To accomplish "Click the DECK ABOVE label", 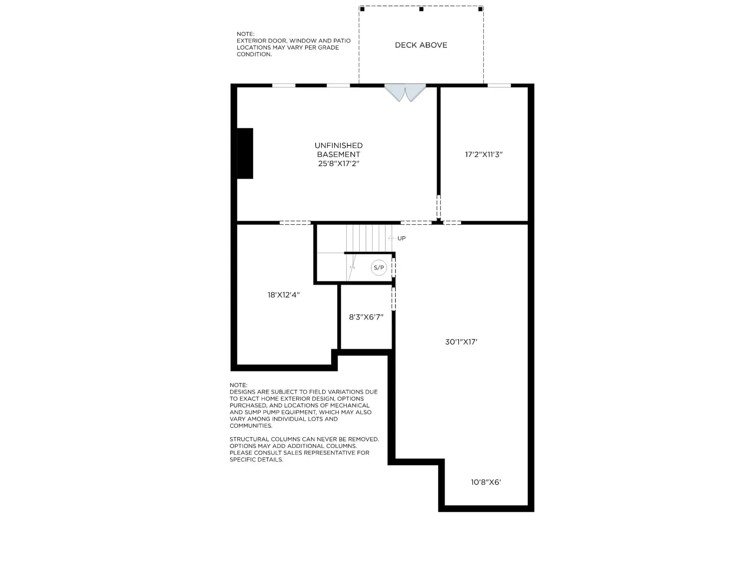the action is coord(421,45).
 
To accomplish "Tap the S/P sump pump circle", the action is coord(378,267).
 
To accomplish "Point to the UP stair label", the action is coord(402,238).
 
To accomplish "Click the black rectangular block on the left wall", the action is coord(245,153).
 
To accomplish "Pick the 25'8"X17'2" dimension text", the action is coord(339,163).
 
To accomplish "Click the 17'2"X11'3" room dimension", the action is coord(483,154).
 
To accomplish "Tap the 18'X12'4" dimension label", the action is coord(283,295).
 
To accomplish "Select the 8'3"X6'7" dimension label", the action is coord(366,317).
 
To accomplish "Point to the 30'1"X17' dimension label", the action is coord(461,342).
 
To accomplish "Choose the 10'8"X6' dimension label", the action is coord(486,482).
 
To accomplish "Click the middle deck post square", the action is coord(421,9).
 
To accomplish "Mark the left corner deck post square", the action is coord(362,9).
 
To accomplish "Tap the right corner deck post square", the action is coord(481,9).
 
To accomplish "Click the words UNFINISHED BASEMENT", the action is coord(339,150).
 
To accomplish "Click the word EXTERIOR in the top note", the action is coord(249,41).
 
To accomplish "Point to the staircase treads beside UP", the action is coord(369,238).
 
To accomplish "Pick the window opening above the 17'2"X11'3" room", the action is coord(499,86).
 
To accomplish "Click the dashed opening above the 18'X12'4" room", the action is coord(295,223).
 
